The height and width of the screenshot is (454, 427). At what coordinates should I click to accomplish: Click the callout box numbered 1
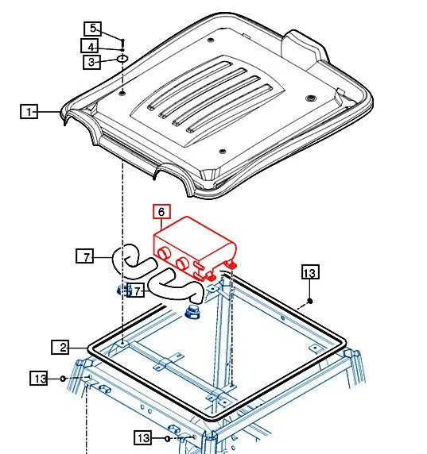(x=29, y=113)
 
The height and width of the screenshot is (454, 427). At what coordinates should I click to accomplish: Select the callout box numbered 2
(x=61, y=347)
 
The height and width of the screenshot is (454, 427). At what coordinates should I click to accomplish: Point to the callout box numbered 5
(x=93, y=29)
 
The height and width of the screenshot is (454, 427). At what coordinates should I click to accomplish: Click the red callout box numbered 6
(x=161, y=212)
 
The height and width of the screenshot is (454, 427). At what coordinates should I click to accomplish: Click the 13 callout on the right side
(x=309, y=273)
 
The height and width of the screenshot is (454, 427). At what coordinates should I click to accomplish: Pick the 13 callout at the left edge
(x=41, y=378)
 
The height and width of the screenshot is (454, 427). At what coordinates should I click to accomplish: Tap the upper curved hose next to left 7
(x=129, y=258)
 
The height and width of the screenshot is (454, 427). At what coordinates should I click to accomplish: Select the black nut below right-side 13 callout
(x=309, y=302)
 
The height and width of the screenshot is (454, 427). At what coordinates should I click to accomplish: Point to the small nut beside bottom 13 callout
(x=168, y=438)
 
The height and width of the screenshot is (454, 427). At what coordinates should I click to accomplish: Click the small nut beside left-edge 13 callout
(x=63, y=378)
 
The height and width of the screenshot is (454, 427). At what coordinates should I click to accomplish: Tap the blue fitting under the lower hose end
(x=191, y=310)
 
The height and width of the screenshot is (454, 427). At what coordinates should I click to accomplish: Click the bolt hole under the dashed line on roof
(x=123, y=94)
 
